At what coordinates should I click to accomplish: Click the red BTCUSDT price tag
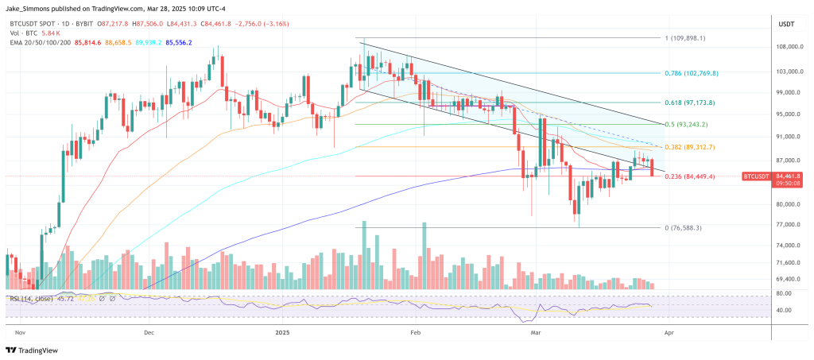coord(758,176)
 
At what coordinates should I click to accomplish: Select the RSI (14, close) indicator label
coord(31,298)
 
